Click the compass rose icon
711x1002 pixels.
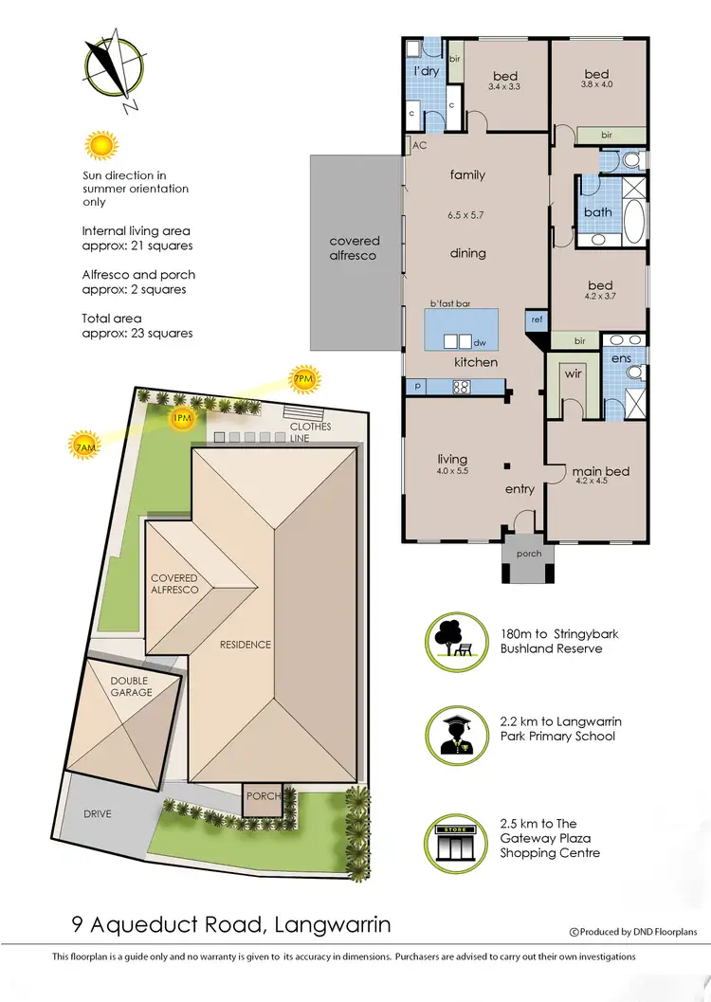110,68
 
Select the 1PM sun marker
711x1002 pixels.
181,418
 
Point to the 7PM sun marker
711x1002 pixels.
304,380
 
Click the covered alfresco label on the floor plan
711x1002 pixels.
354,248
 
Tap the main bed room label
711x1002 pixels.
599,471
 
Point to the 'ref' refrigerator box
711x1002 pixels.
537,320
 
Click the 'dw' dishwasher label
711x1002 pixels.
480,343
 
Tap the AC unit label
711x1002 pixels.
418,146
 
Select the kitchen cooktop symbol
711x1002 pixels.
462,387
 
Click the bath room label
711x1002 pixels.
597,211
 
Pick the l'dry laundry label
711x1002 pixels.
425,72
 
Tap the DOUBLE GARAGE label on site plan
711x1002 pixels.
131,686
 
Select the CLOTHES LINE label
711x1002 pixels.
311,432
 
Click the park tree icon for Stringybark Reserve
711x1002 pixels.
450,641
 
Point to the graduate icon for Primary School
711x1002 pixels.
450,732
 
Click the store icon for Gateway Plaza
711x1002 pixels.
450,838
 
